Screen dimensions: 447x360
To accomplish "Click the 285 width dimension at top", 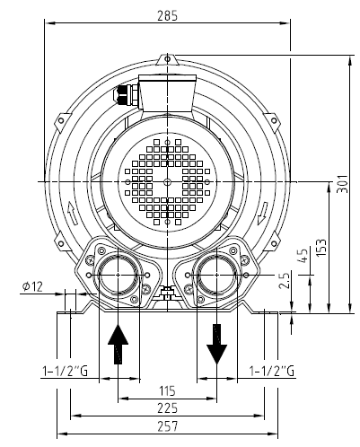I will click(x=168, y=14).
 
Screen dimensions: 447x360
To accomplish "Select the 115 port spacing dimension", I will click(x=168, y=391).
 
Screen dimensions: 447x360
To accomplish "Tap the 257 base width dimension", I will click(x=168, y=425).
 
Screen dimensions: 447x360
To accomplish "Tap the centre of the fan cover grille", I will click(x=168, y=180).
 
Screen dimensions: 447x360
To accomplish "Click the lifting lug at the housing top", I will click(x=168, y=60).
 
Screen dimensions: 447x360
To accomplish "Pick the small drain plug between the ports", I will click(x=167, y=293).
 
